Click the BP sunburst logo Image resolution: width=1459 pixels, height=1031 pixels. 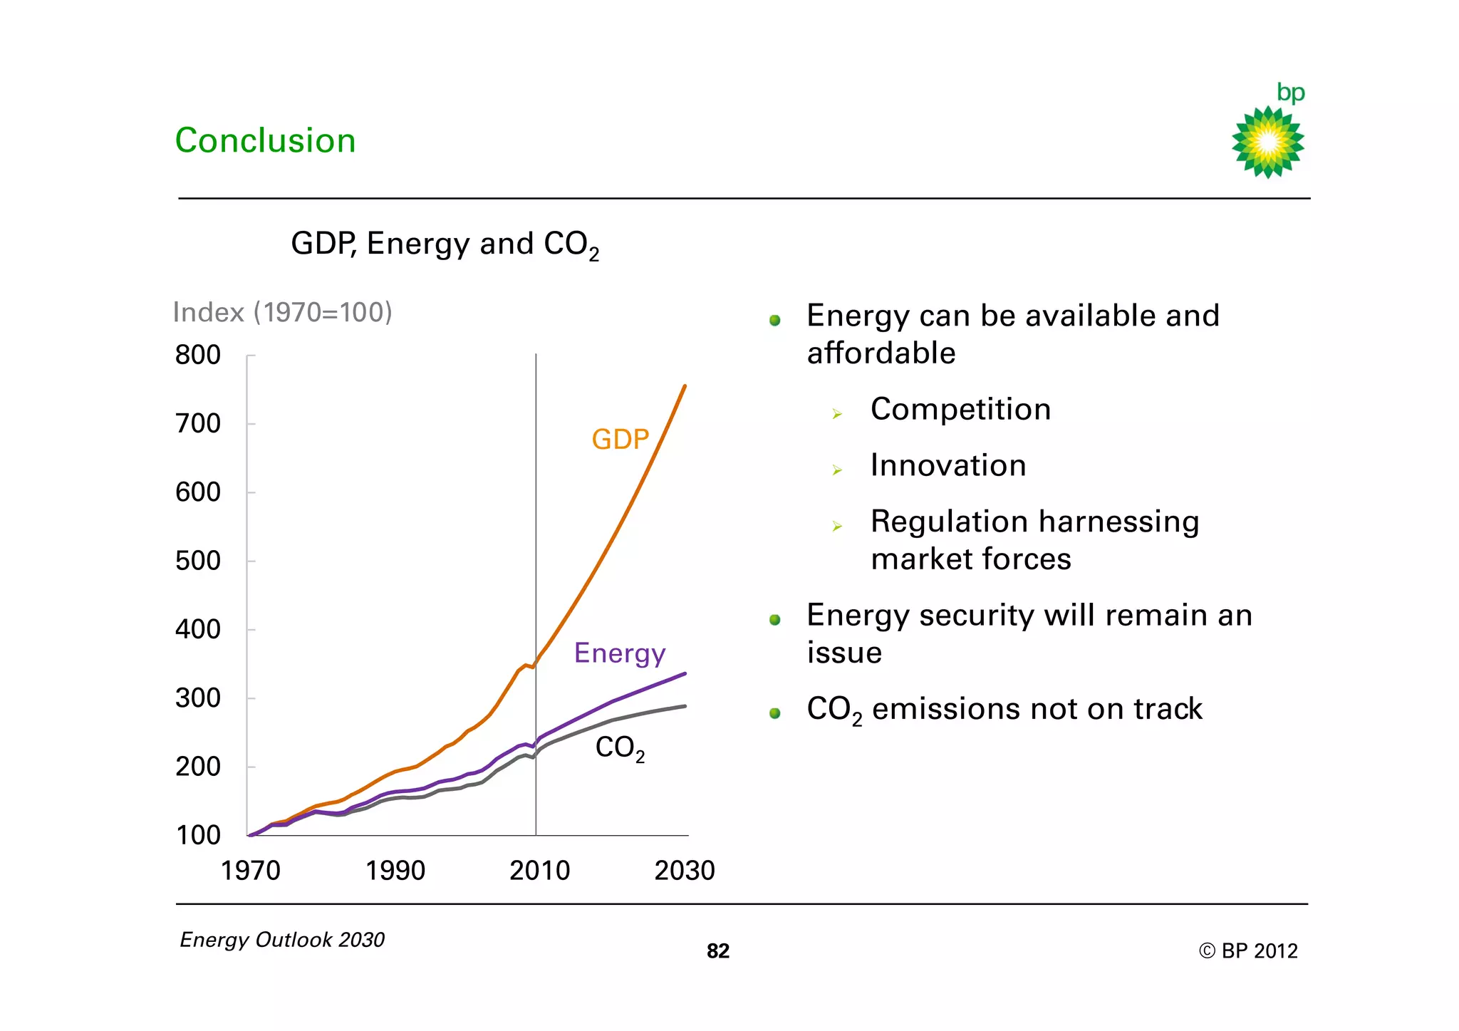(1267, 142)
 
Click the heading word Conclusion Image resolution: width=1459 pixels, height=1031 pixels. (265, 140)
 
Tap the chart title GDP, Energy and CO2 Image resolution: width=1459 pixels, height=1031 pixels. (445, 244)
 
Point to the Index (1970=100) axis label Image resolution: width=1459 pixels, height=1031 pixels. (282, 312)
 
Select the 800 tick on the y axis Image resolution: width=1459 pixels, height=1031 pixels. (198, 355)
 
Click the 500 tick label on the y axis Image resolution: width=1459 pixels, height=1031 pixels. (198, 561)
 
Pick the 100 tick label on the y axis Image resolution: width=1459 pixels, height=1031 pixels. (198, 835)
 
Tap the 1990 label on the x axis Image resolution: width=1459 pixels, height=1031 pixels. (395, 871)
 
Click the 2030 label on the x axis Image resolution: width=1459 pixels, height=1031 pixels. (684, 871)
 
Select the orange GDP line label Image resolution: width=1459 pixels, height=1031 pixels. (620, 439)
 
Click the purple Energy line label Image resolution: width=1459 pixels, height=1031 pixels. (620, 653)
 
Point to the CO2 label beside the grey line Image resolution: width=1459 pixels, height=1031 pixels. (620, 748)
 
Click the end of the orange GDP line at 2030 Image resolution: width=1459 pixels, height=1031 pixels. (685, 386)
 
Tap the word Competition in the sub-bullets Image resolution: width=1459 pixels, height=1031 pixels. (960, 410)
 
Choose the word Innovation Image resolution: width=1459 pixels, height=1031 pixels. (948, 466)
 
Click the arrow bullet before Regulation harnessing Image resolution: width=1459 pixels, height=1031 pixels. (837, 527)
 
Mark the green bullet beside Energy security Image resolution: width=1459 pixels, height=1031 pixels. (775, 620)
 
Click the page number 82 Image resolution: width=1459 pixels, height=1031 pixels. (717, 951)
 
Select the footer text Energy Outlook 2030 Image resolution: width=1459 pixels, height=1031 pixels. (282, 940)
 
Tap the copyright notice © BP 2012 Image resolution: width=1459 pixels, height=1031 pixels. (1247, 951)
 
